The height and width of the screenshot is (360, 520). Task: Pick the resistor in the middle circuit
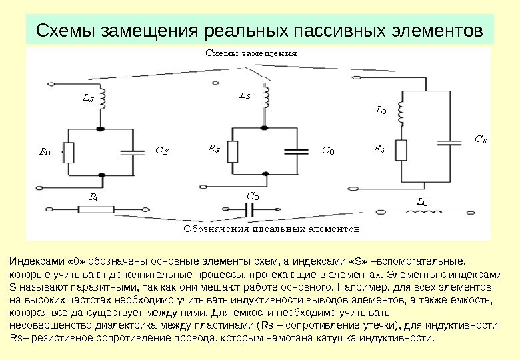pos(232,151)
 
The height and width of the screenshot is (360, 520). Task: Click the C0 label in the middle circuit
pos(329,151)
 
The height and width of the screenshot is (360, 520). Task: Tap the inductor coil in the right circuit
pos(401,114)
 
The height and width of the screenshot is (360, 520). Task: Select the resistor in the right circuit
pos(401,150)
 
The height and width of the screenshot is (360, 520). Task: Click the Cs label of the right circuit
pos(481,139)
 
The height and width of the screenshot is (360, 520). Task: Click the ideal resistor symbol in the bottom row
pos(95,209)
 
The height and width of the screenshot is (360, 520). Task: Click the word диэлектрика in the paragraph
pos(136,325)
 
